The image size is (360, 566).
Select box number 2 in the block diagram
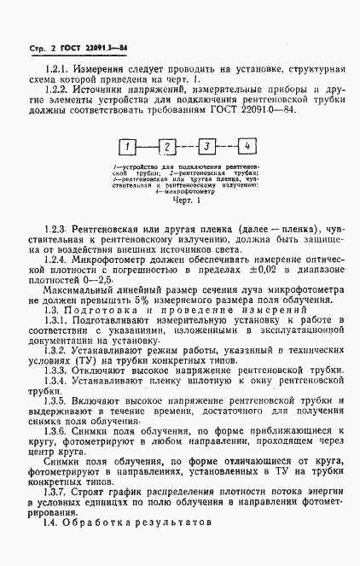pyautogui.click(x=169, y=145)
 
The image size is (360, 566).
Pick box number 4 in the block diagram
pyautogui.click(x=246, y=145)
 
